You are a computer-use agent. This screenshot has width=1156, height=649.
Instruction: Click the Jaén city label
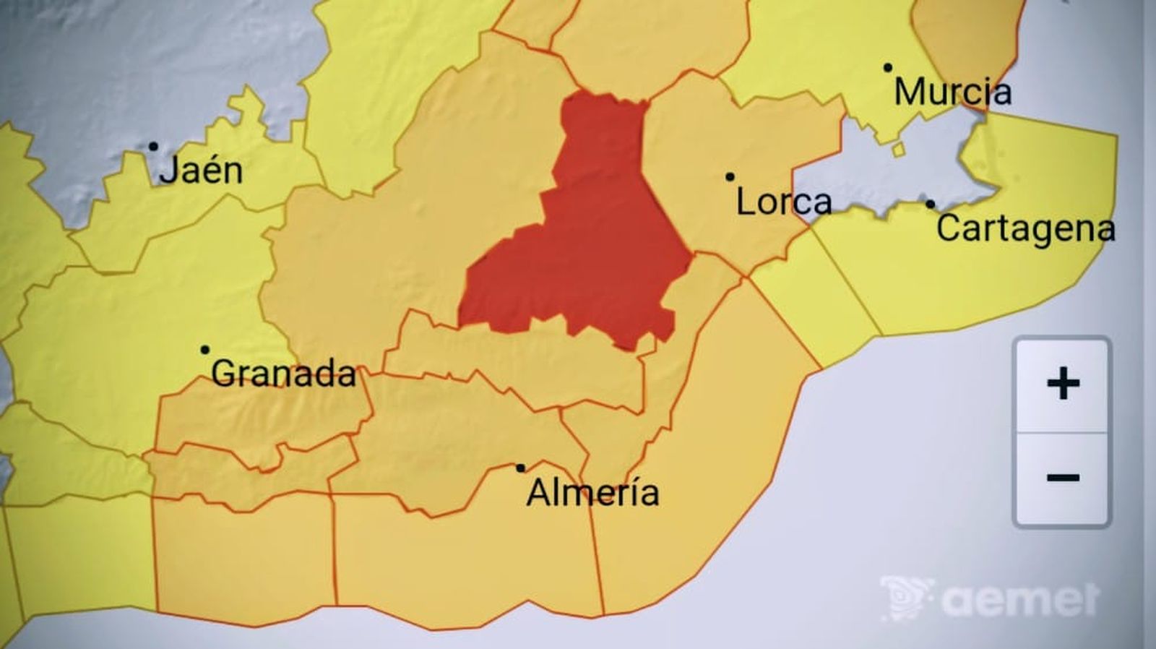tap(201, 171)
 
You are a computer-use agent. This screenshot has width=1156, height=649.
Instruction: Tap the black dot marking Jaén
tap(153, 147)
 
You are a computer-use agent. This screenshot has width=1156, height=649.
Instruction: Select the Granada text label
tap(284, 374)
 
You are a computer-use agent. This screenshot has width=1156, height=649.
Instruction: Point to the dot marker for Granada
tap(205, 350)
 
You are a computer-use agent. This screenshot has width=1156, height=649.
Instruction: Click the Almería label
tap(592, 493)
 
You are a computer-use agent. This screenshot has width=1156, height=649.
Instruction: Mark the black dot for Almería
tap(520, 468)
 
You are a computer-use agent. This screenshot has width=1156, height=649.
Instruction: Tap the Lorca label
tap(784, 202)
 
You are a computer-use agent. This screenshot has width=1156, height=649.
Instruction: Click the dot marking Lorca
tap(730, 177)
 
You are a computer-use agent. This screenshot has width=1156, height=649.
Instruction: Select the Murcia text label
tap(952, 92)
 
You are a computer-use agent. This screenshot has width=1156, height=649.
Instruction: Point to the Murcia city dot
tap(888, 68)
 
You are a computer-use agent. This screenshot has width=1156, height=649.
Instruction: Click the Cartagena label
tap(1026, 228)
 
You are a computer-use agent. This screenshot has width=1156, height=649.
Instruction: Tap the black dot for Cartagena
tap(930, 205)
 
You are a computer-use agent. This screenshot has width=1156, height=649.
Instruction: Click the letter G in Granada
tap(224, 374)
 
